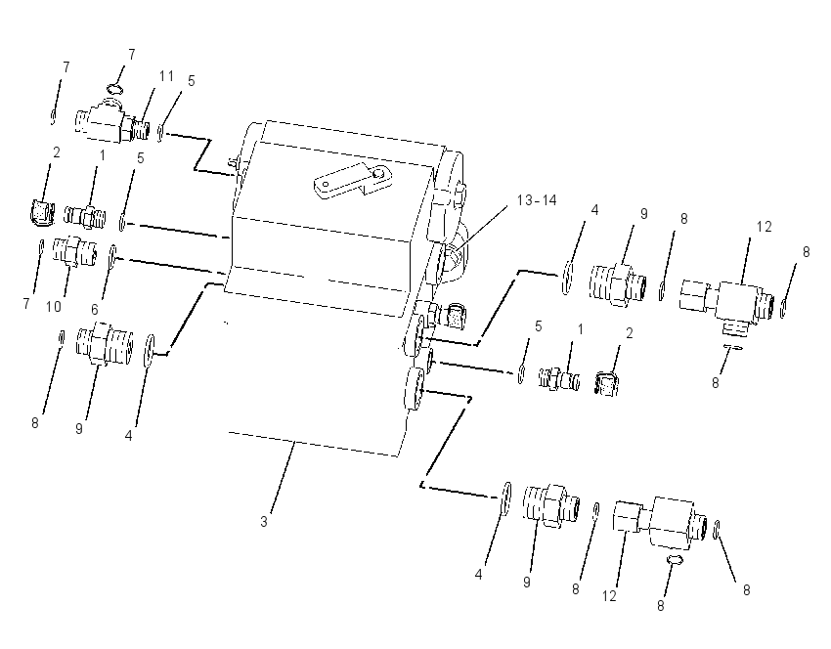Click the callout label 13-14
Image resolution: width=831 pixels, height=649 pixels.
click(537, 200)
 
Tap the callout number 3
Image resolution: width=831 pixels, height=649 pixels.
click(263, 521)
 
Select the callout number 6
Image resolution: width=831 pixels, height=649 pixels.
click(94, 310)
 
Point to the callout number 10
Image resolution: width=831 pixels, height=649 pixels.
click(54, 306)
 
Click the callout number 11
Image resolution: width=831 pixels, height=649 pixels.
click(166, 76)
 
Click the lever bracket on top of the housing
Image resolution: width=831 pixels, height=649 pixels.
click(352, 181)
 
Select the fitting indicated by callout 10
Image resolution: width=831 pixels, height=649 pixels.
click(75, 252)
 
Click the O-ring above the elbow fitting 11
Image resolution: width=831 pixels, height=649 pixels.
click(114, 87)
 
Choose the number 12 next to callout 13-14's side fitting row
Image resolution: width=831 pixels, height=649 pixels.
click(764, 227)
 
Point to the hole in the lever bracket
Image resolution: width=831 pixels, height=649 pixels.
click(378, 173)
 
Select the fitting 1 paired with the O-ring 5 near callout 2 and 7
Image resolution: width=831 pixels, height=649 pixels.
click(85, 216)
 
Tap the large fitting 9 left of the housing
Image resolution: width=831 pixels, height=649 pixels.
click(105, 345)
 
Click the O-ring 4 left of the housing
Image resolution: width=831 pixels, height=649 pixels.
click(150, 350)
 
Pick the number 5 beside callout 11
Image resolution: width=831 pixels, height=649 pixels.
click(192, 81)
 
